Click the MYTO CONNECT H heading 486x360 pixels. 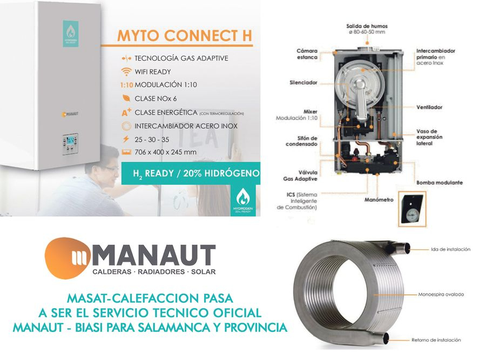(x=185, y=36)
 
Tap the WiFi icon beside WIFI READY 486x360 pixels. (x=126, y=71)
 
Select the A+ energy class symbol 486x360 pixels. (x=126, y=113)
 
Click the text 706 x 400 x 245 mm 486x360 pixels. (x=165, y=152)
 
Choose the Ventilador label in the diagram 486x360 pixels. (x=429, y=107)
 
